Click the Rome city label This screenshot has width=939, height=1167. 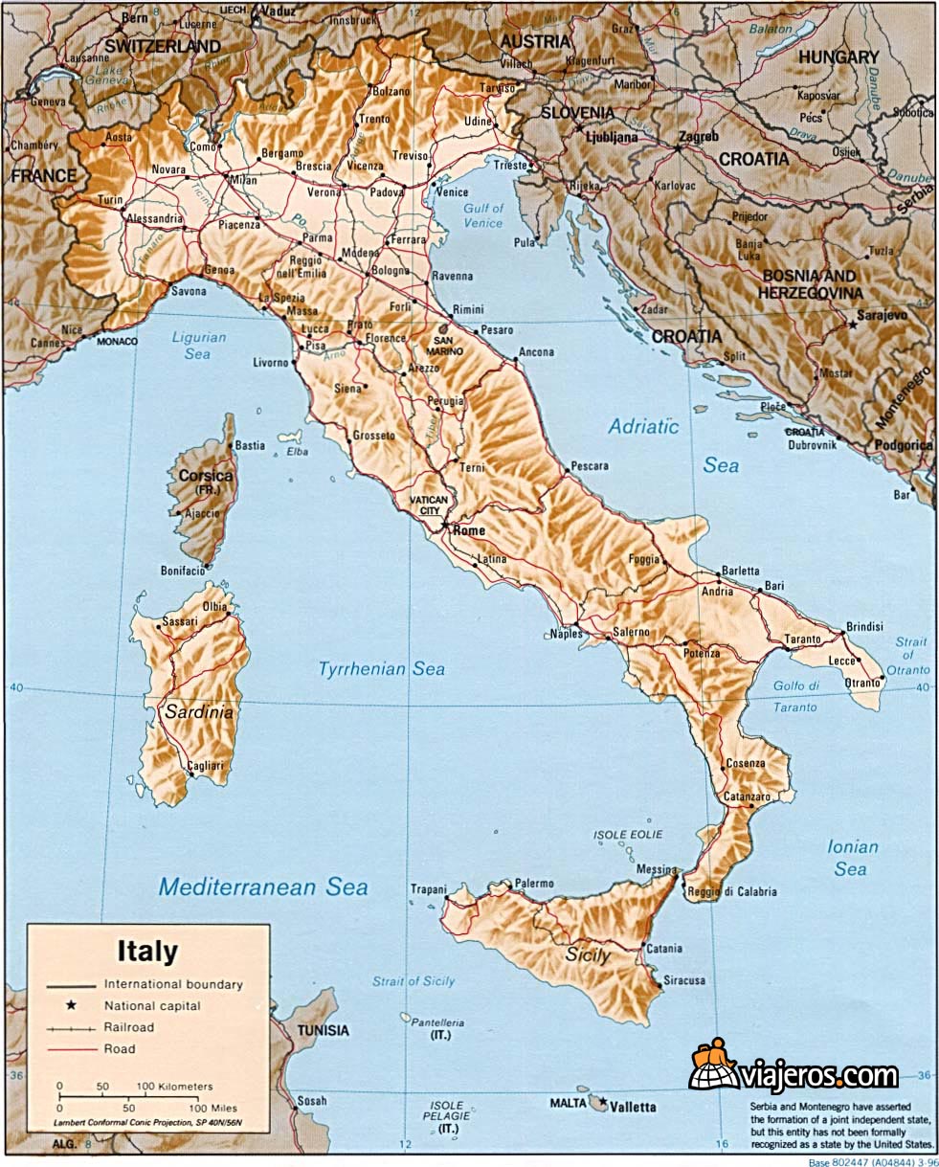[x=469, y=530]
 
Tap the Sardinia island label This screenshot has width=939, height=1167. [x=198, y=712]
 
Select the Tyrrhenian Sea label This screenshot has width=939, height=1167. [x=381, y=669]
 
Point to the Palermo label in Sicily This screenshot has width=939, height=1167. [x=534, y=883]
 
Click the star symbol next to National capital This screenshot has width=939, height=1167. [x=71, y=1005]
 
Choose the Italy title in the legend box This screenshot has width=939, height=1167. [x=147, y=952]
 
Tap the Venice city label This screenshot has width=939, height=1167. [x=452, y=191]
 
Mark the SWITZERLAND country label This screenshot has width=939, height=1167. [x=163, y=45]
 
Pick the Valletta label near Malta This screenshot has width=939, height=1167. [x=634, y=1107]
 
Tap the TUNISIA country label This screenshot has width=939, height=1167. [x=323, y=1030]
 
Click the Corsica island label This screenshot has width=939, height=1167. [x=205, y=476]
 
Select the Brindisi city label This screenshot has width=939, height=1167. [x=863, y=626]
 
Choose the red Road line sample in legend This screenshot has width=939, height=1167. [x=72, y=1049]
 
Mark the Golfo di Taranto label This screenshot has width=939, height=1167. [x=796, y=696]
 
